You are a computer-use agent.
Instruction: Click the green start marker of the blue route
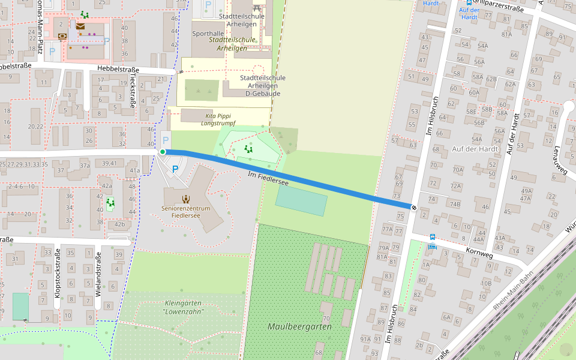click(x=163, y=152)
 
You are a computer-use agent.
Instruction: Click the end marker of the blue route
click(x=414, y=207)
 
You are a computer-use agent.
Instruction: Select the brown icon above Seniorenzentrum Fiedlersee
click(x=185, y=198)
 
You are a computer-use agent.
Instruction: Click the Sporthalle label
click(x=208, y=34)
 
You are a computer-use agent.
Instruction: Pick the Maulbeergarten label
click(x=299, y=326)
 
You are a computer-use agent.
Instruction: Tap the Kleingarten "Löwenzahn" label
click(x=184, y=307)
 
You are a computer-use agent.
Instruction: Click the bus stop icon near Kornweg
click(x=432, y=238)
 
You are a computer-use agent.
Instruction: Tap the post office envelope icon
click(x=80, y=26)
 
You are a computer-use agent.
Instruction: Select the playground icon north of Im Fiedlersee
click(x=248, y=149)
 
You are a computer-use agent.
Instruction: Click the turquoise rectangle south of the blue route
click(x=301, y=200)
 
